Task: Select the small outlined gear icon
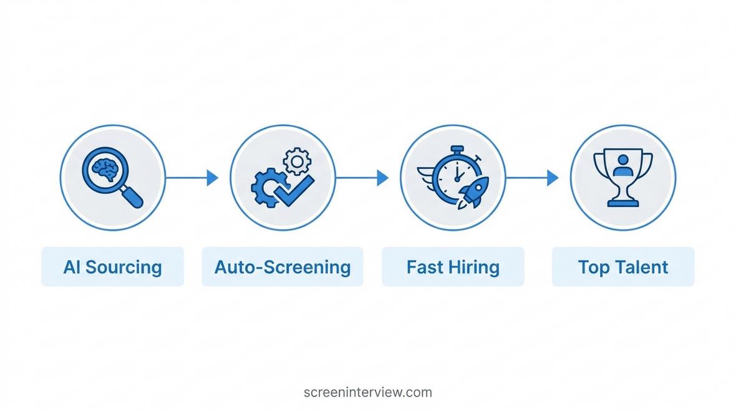(x=297, y=162)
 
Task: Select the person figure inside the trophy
(x=623, y=166)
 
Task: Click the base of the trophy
(x=623, y=203)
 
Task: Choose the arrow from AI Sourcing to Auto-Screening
(x=192, y=178)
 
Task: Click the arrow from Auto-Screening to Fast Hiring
(x=362, y=178)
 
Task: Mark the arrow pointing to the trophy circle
(x=532, y=178)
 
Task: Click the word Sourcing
(x=123, y=268)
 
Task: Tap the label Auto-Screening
(x=283, y=268)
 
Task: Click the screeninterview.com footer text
(x=368, y=392)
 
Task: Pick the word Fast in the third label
(x=424, y=267)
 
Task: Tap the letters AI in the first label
(x=72, y=267)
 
